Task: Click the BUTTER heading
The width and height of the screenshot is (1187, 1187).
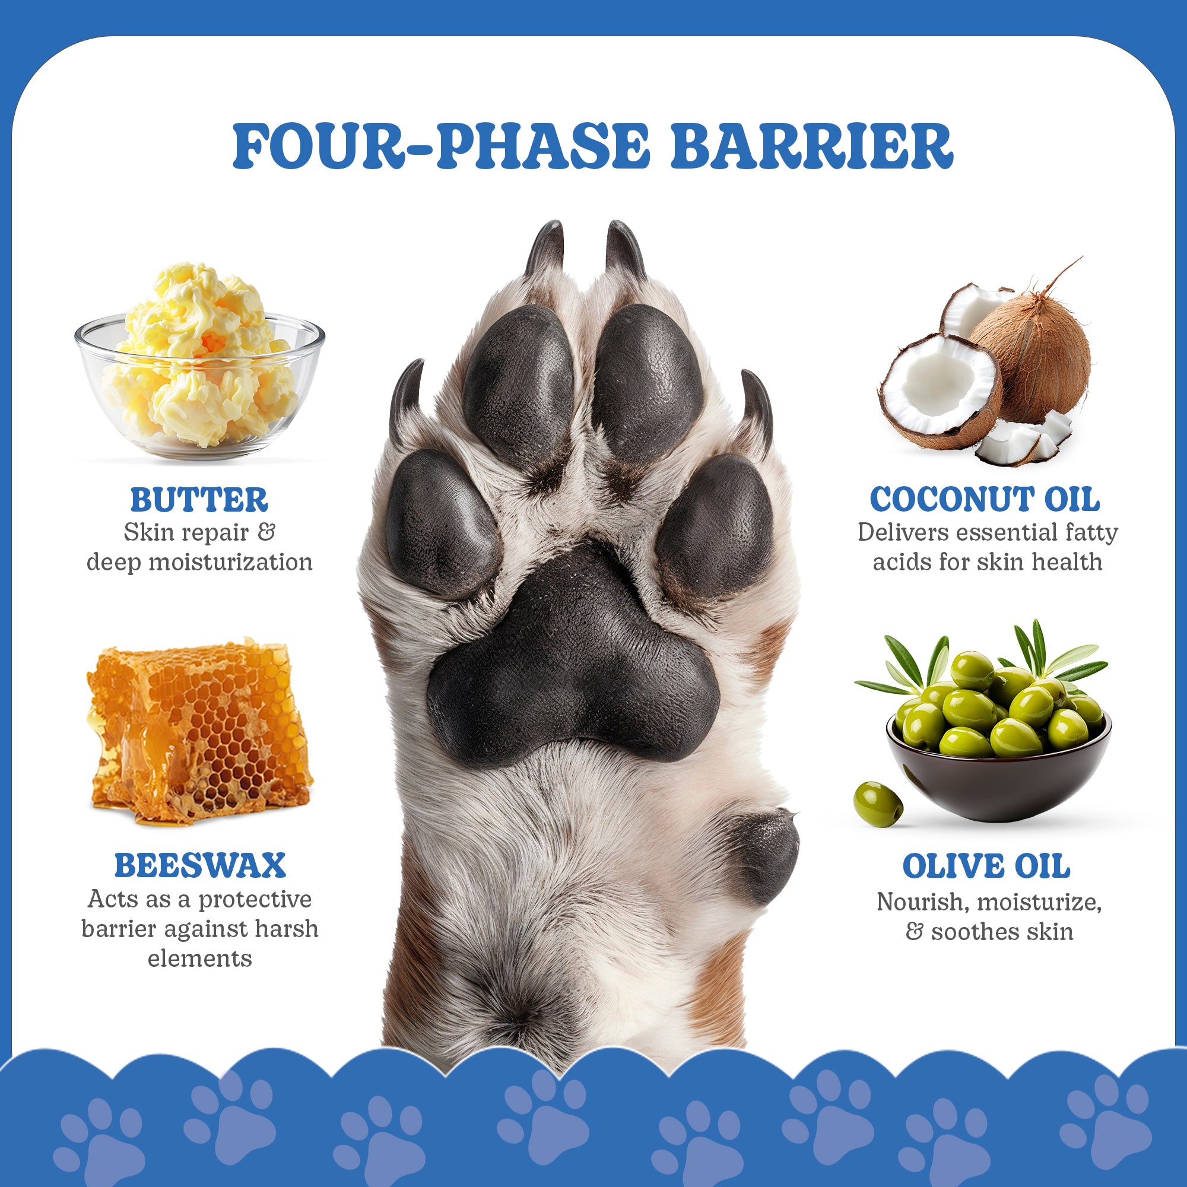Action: tap(199, 500)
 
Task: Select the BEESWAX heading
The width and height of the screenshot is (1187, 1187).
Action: tap(199, 866)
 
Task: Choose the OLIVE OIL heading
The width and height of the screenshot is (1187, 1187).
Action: tap(986, 867)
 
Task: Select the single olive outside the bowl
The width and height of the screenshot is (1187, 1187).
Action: tap(878, 804)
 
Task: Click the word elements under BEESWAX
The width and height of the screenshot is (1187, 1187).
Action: tap(199, 959)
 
